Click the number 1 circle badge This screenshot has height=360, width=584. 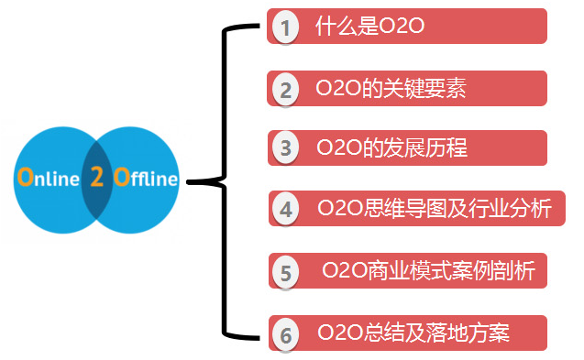[285, 28]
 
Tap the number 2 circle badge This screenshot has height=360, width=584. [285, 90]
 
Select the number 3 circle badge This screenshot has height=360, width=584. [285, 148]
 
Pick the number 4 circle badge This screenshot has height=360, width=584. [287, 209]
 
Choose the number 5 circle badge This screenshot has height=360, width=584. [287, 272]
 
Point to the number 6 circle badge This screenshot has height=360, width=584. [286, 334]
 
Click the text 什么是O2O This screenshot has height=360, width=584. [369, 26]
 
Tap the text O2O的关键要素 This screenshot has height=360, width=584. [391, 88]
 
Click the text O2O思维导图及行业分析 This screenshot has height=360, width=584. [435, 209]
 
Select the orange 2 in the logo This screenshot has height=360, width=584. [96, 178]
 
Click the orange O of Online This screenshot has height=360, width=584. [24, 178]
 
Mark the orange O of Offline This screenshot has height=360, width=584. [120, 178]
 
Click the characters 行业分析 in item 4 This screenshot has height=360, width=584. [517, 209]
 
